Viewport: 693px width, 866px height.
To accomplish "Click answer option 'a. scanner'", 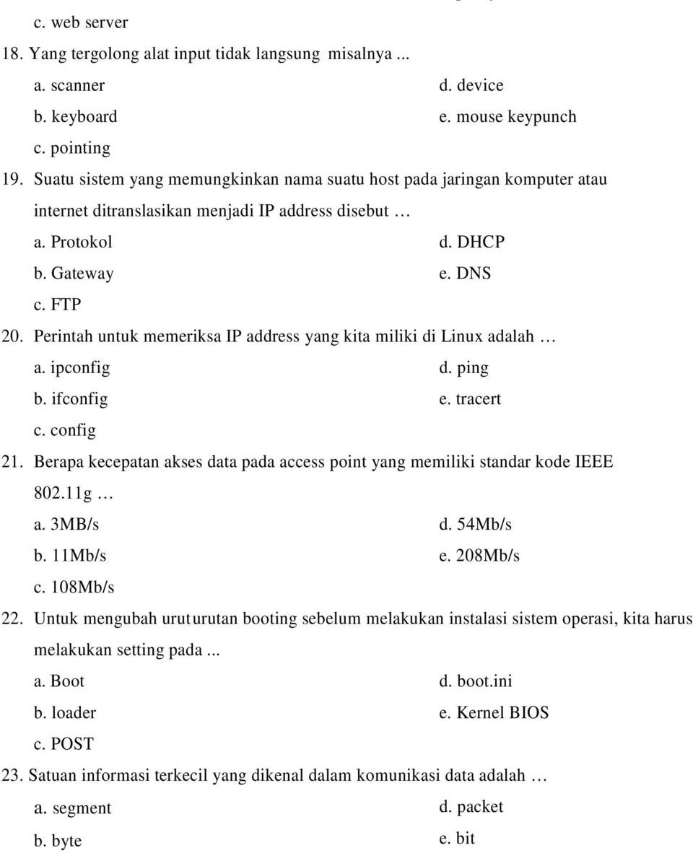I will pos(69,85).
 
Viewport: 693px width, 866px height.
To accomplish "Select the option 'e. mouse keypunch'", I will pos(507,117).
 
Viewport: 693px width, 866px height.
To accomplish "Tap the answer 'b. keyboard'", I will pos(75,117).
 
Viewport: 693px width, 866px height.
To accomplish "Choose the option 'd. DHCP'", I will pos(471,242).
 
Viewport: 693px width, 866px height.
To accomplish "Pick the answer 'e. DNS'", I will pos(465,274).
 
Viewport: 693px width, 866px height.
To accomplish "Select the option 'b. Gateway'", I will pos(74,274).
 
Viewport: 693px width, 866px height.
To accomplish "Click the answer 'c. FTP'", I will pos(57,305).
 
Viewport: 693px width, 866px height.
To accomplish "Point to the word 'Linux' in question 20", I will pos(462,336).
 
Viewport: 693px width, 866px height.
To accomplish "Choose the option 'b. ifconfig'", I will pos(71,399).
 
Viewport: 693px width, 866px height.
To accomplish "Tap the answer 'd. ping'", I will pos(463,368).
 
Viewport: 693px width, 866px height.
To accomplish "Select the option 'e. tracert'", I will pos(469,399).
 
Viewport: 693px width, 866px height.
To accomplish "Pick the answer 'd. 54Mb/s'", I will pos(475,525).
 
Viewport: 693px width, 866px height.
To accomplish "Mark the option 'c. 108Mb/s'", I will pos(74,587).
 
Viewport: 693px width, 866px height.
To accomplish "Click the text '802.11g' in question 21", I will pos(63,494).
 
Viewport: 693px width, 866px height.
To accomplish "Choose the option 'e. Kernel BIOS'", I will pos(494,713).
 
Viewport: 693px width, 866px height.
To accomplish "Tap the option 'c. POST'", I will pos(64,744).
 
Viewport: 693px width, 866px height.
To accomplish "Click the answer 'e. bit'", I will pos(457,839).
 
